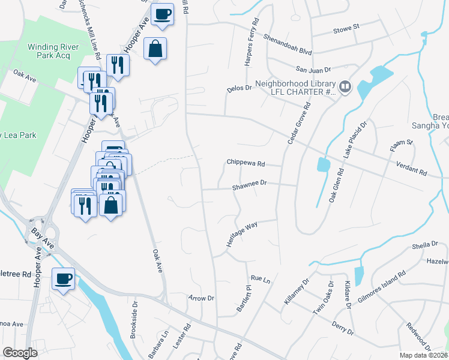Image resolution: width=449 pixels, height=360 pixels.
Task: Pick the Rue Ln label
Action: pyautogui.click(x=261, y=279)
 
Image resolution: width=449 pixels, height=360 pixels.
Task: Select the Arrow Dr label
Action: pyautogui.click(x=201, y=298)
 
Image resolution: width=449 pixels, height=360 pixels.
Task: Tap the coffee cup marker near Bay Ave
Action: pyautogui.click(x=64, y=278)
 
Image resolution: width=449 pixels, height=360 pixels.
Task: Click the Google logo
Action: pyautogui.click(x=20, y=353)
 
